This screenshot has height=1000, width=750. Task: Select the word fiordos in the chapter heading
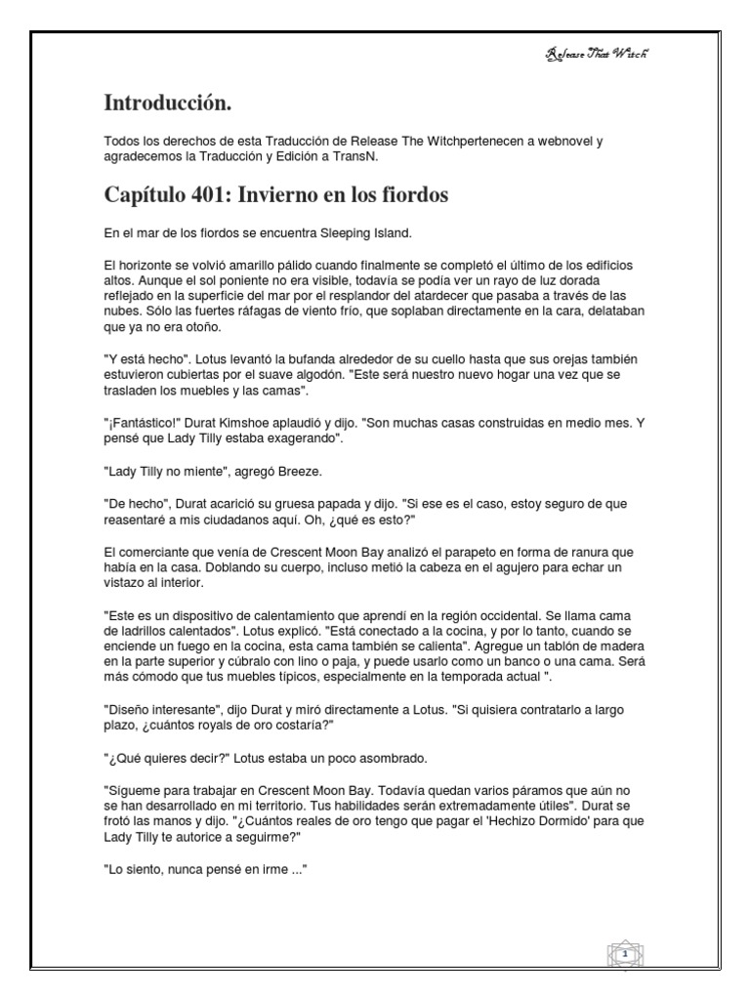pyautogui.click(x=415, y=195)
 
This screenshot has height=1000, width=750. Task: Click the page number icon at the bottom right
pyautogui.click(x=621, y=953)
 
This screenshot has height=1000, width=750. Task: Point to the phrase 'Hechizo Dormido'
pyautogui.click(x=537, y=821)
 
